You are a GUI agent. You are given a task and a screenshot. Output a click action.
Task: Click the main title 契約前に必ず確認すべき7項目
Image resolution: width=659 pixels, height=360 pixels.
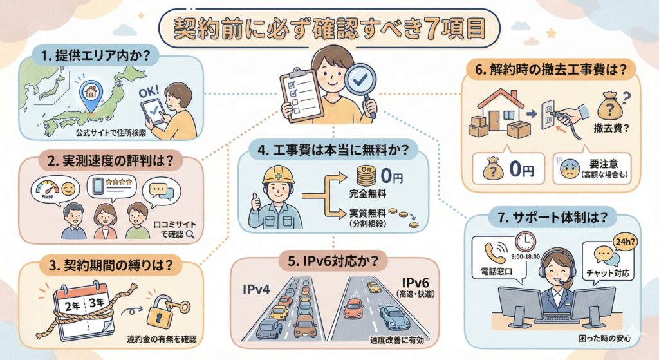coord(329,28)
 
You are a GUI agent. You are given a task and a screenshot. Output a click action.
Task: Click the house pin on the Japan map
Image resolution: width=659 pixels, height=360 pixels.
coord(90,93)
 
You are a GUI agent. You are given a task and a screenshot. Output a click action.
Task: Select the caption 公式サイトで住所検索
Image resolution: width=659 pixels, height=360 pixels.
coord(111,133)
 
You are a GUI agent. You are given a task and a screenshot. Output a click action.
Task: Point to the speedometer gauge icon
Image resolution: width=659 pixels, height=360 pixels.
coord(47,190)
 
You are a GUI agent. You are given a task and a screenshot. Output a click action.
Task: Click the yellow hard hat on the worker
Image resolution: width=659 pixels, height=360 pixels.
coord(278,174)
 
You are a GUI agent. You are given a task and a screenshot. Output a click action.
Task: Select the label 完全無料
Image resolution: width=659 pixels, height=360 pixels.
coord(367,194)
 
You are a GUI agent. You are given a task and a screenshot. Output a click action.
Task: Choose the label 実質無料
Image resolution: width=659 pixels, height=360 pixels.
coord(367,214)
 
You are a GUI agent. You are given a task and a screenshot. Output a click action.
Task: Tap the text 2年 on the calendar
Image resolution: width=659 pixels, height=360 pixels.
coord(73,306)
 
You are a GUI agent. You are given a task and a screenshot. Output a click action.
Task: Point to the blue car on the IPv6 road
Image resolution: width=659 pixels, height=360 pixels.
coord(394,317)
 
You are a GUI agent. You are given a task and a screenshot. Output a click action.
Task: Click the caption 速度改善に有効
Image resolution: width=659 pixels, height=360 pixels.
coord(396,340)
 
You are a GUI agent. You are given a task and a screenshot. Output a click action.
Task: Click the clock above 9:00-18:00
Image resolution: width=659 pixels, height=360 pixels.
coord(525,242)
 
